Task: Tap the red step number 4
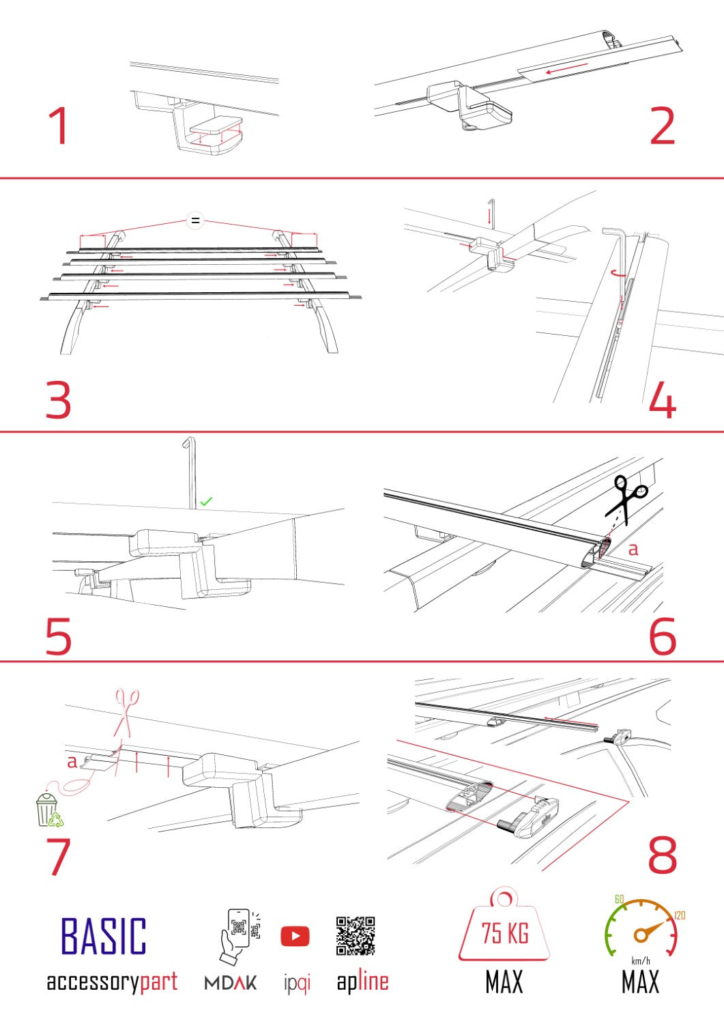[x=662, y=400]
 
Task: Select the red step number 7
[x=59, y=857]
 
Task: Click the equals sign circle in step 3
[x=196, y=221]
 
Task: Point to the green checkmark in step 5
[x=206, y=501]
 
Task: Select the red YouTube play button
[x=295, y=936]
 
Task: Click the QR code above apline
[x=356, y=935]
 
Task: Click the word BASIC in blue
[x=104, y=936]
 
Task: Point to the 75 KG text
[x=505, y=933]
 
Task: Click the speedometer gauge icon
[x=641, y=928]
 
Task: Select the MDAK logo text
[x=231, y=983]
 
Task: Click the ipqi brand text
[x=297, y=984]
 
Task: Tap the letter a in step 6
[x=633, y=548]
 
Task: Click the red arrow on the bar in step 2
[x=566, y=68]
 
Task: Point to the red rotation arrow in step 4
[x=620, y=272]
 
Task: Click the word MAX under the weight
[x=504, y=982]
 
